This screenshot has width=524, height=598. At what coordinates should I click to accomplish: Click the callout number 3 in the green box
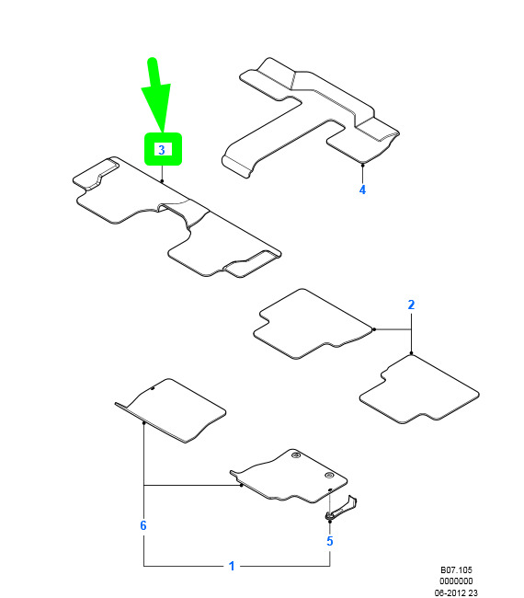tap(162, 149)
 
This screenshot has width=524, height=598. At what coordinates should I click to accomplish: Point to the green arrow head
tap(157, 108)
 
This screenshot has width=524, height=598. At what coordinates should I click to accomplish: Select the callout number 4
tap(362, 190)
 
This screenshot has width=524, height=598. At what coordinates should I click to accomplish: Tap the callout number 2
tap(411, 305)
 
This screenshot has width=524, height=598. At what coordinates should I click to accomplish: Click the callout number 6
tap(143, 525)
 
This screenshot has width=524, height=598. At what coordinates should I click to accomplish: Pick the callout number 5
tap(330, 541)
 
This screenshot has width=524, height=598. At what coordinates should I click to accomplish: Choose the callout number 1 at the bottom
tap(232, 566)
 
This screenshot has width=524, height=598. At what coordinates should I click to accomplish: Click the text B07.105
tap(456, 569)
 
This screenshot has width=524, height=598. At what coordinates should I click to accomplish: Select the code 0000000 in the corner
tap(456, 581)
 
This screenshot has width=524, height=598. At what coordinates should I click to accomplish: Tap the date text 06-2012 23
tap(456, 592)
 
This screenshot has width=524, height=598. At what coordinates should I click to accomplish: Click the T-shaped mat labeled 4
tap(311, 118)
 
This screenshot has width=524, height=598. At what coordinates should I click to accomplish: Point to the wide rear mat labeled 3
tap(177, 216)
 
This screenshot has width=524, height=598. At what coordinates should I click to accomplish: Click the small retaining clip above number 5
tap(341, 509)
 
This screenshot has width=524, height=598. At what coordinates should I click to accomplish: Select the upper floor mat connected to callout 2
tap(313, 324)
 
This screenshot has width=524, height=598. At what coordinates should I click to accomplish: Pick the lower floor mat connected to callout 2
tap(419, 390)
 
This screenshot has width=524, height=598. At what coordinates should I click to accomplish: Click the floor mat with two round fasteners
tap(289, 476)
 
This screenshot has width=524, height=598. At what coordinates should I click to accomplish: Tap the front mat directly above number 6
tap(170, 410)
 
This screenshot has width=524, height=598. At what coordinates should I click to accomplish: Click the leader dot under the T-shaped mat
tap(363, 165)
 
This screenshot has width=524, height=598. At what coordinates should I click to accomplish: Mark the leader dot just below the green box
tap(162, 180)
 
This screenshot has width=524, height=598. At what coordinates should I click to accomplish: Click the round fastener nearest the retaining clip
tap(329, 476)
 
